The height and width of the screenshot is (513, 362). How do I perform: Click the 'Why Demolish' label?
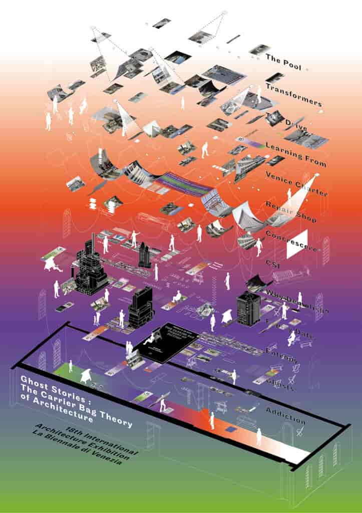[x=291, y=302]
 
